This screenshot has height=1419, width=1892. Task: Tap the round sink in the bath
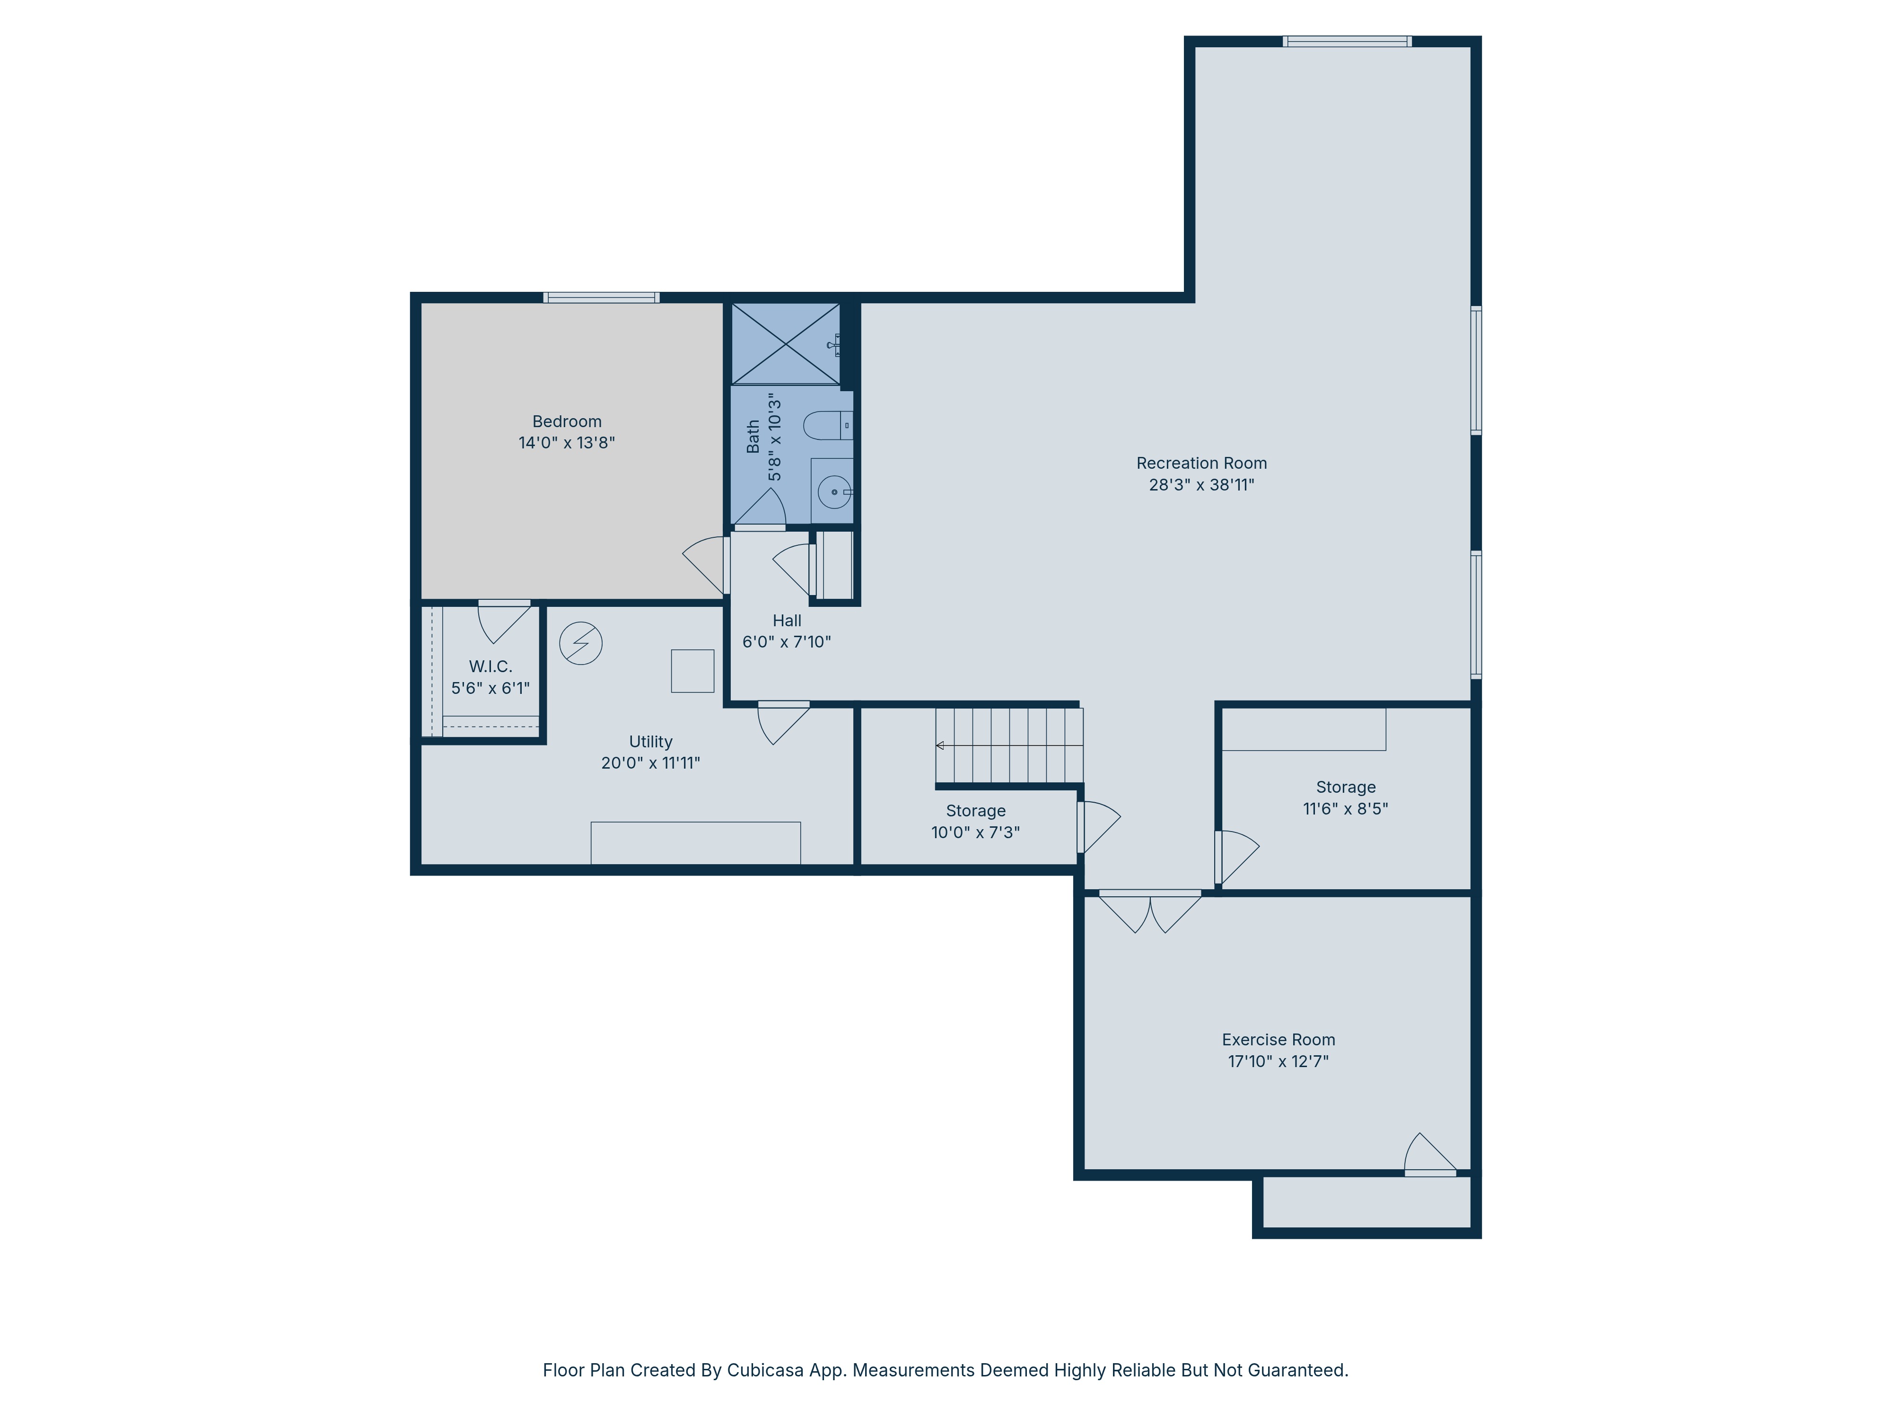point(834,492)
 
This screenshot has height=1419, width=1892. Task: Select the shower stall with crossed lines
point(785,344)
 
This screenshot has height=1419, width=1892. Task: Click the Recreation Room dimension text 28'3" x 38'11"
point(1201,485)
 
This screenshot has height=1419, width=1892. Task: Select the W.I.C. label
point(490,666)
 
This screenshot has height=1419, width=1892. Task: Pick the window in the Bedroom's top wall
point(601,298)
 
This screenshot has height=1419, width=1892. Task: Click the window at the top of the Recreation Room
point(1346,41)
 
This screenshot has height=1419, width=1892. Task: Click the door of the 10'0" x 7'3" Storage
point(1097,825)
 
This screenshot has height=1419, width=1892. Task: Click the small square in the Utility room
point(692,671)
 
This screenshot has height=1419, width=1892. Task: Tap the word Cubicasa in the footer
point(765,1370)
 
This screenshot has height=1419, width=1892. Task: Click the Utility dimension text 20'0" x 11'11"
point(650,763)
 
